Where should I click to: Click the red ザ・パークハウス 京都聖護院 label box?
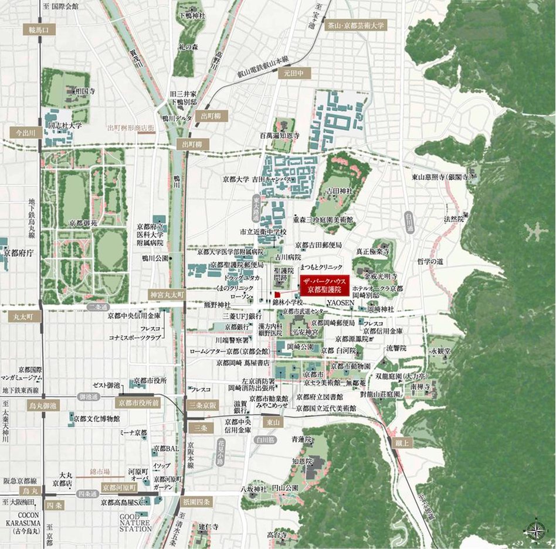pos(324,285)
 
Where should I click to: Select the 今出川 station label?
pos(25,133)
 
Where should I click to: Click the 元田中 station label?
pos(293,74)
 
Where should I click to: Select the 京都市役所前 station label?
pos(138,403)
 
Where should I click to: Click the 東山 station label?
pos(272,421)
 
